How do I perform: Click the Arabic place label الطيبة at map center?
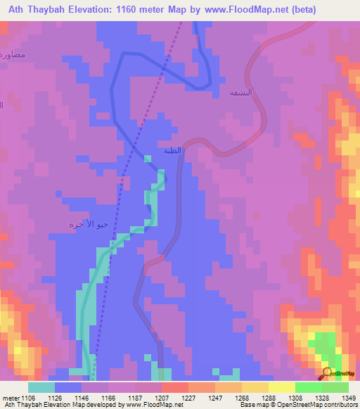pos(172,150)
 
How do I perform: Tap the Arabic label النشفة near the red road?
pos(240,92)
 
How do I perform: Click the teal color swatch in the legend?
pos(41,387)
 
